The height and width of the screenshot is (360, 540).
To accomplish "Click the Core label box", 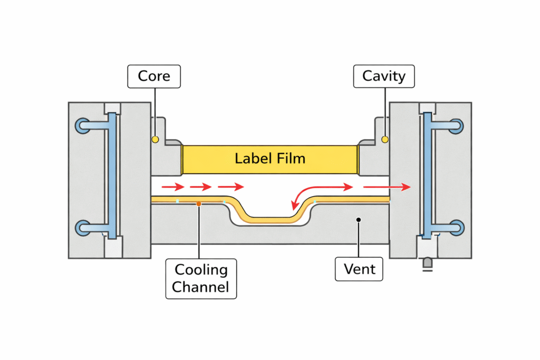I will point(154,76).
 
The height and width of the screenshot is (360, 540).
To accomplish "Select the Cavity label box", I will point(384,76).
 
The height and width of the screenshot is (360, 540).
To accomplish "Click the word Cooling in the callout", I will point(201,270).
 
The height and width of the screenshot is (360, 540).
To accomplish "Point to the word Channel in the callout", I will point(201,287).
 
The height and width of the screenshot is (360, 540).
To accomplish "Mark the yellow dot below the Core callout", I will point(155,140).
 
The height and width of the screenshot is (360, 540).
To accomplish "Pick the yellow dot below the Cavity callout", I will point(385,139).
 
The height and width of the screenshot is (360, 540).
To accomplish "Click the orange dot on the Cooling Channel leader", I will point(198,203).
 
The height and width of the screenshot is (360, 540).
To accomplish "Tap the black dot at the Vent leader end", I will point(358,219).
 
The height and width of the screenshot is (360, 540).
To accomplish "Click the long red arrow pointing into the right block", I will point(386,187).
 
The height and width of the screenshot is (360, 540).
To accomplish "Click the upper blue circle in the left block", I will point(83,125).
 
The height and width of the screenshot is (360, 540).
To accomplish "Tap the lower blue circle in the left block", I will point(83,228).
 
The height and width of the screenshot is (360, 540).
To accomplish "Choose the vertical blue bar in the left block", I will point(112,177).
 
